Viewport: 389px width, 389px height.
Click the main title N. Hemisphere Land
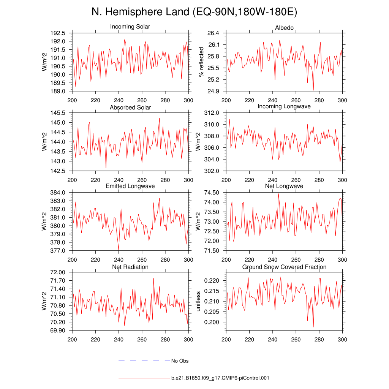(x=194, y=12)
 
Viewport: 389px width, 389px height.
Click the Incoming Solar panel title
(x=130, y=27)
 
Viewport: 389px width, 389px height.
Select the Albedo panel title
(x=285, y=28)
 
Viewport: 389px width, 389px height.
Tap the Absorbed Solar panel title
(x=130, y=108)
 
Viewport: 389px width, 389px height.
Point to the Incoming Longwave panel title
(x=284, y=106)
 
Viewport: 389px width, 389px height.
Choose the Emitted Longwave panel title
(x=130, y=186)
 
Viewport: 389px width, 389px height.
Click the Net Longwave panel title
(x=284, y=186)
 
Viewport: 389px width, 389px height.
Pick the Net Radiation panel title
(x=130, y=267)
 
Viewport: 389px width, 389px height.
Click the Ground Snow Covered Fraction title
(x=284, y=267)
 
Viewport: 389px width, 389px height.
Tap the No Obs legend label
(x=180, y=361)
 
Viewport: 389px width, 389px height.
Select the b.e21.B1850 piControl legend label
(x=220, y=378)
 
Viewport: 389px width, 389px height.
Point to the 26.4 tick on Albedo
(x=213, y=33)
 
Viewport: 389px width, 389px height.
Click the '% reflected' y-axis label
(x=201, y=62)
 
